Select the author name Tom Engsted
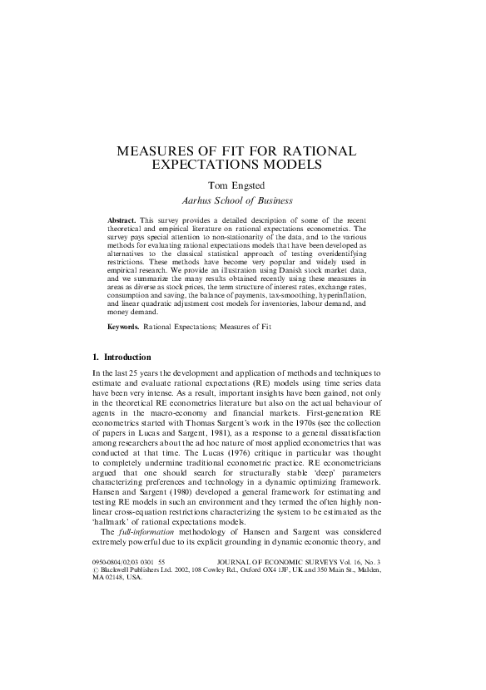(242, 185)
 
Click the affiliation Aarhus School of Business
(242, 200)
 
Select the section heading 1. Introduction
(121, 357)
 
